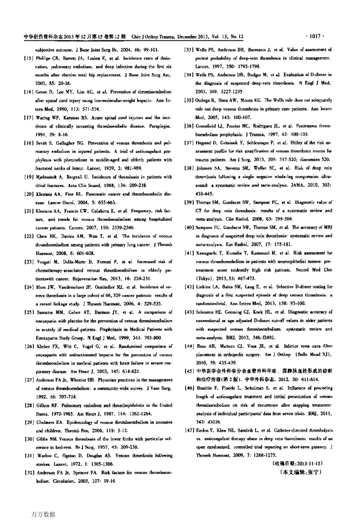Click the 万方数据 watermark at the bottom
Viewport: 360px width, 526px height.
pos(43,514)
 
